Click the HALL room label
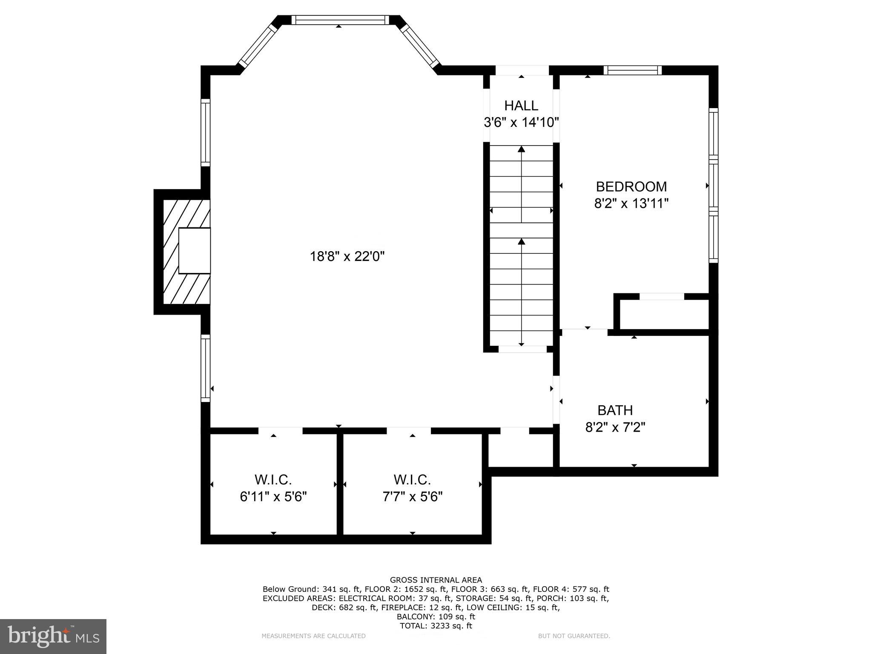521,105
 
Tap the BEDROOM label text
631,186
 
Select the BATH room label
615,410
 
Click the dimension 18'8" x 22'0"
347,256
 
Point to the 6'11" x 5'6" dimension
273,496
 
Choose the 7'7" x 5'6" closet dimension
412,496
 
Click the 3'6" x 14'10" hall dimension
521,123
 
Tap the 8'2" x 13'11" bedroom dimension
631,204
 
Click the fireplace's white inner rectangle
195,250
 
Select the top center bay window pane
340,20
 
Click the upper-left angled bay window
258,45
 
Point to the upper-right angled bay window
420,45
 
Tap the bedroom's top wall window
633,70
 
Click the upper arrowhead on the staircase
521,149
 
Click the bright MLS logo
53,636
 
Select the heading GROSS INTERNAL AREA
436,580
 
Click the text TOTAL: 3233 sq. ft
436,626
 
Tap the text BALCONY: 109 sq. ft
436,617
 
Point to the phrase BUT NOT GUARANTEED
574,636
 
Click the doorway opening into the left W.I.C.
281,430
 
